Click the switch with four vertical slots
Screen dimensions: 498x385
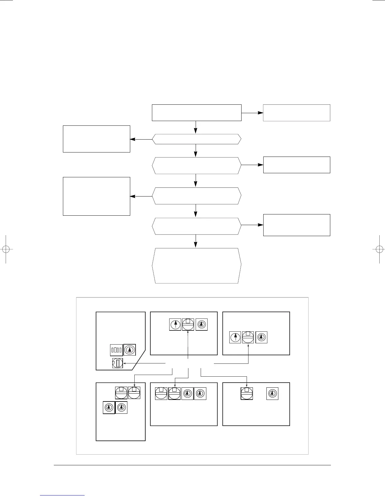click(116, 350)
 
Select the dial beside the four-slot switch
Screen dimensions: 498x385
click(130, 350)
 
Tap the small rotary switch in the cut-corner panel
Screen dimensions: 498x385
click(118, 363)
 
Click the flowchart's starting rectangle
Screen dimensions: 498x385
click(197, 113)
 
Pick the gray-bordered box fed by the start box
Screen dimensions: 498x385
click(296, 113)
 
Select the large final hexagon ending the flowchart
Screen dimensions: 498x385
click(197, 266)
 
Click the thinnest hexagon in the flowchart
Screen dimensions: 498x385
click(197, 139)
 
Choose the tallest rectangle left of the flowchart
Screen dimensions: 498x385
click(97, 196)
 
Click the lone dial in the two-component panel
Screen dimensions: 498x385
click(272, 394)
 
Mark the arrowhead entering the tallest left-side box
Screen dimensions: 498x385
click(132, 196)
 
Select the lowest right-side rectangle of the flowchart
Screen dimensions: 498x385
click(296, 225)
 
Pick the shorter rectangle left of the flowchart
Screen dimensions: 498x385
click(97, 139)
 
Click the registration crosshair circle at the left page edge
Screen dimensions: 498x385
click(6, 249)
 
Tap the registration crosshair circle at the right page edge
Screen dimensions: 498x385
click(379, 249)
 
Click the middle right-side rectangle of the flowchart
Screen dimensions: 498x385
click(296, 165)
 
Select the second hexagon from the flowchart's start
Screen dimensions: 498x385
click(197, 165)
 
